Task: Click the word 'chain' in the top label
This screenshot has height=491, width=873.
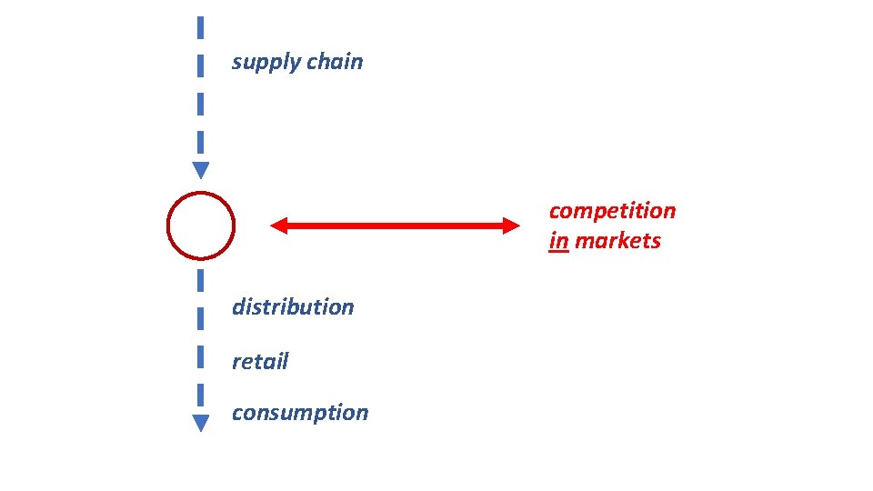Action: [x=334, y=62]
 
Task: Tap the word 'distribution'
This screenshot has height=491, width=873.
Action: [x=293, y=307]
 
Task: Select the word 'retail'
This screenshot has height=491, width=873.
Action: [x=260, y=362]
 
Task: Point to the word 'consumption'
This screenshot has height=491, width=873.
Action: [x=300, y=413]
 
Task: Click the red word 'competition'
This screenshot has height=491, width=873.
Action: [x=612, y=211]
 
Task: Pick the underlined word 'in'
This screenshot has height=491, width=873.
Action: [x=558, y=242]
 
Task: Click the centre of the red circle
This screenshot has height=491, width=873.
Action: [x=201, y=225]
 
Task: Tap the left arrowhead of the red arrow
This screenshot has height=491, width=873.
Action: [x=279, y=225]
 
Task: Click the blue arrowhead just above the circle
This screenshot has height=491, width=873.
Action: [x=201, y=170]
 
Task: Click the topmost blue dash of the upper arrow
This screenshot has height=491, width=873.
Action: [x=200, y=27]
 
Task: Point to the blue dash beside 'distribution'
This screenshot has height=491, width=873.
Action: [x=200, y=318]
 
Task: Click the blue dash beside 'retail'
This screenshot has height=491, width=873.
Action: [x=200, y=357]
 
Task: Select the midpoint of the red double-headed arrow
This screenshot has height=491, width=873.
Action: [x=395, y=225]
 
